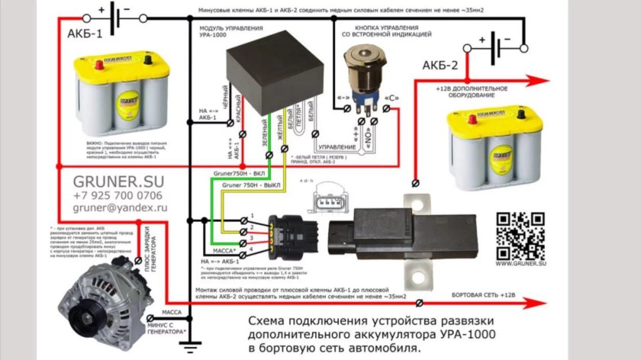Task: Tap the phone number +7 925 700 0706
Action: tap(121, 195)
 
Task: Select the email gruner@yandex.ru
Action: tap(121, 207)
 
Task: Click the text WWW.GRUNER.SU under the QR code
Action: tap(521, 262)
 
